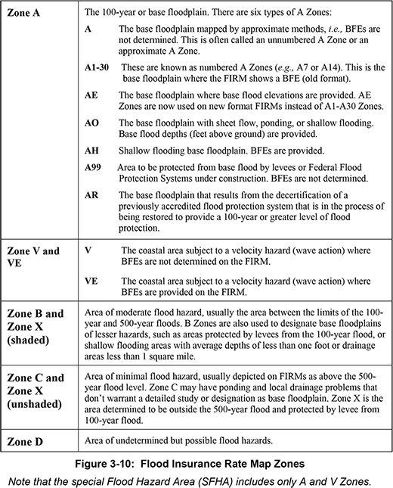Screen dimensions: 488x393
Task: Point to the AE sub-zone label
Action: tap(93, 98)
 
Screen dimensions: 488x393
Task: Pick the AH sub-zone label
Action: tap(93, 150)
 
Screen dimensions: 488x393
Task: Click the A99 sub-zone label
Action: tap(95, 167)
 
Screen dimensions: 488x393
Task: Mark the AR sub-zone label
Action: tap(93, 194)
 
